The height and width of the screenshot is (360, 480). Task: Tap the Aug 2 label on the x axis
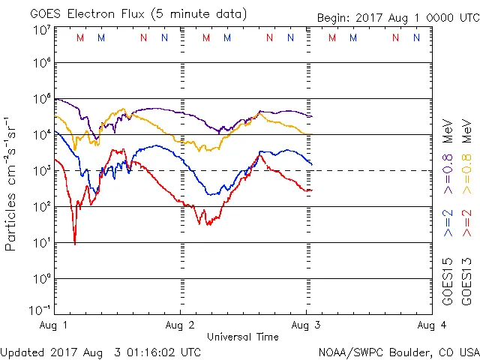tap(180, 325)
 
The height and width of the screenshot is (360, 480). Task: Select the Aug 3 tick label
tap(306, 325)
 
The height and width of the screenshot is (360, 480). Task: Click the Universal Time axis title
tap(242, 337)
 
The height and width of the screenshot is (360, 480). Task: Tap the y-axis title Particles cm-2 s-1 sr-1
tap(13, 183)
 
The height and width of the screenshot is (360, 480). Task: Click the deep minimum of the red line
tap(74, 242)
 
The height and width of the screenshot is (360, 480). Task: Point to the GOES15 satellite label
tap(448, 282)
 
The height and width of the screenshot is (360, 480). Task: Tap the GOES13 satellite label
tap(466, 282)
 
